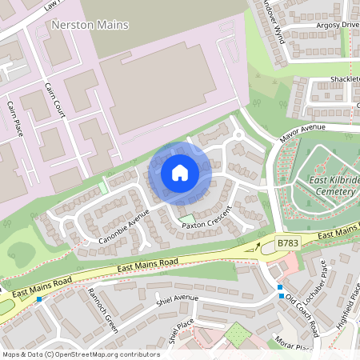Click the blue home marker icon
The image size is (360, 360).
pyautogui.click(x=180, y=173)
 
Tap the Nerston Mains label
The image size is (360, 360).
pyautogui.click(x=89, y=26)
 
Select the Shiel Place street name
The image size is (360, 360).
pyautogui.click(x=182, y=330)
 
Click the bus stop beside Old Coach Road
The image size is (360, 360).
pyautogui.click(x=280, y=287)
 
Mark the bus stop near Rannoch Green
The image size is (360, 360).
pyautogui.click(x=38, y=298)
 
